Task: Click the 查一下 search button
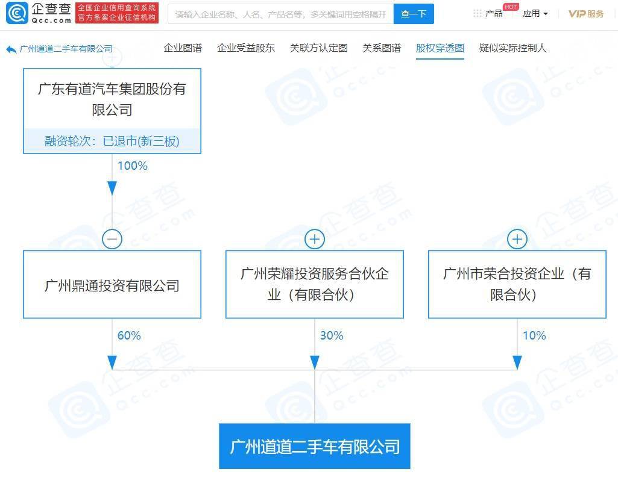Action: click(414, 14)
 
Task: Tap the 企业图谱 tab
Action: click(183, 48)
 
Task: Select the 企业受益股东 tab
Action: click(246, 48)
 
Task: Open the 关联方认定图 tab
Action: click(319, 48)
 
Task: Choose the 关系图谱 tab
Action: click(382, 48)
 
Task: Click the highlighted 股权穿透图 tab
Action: click(440, 48)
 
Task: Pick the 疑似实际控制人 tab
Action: click(512, 48)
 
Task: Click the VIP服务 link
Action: click(585, 14)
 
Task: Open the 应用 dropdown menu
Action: click(535, 14)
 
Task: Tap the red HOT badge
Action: click(511, 7)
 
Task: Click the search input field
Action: click(280, 14)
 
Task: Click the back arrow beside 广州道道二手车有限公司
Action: click(11, 49)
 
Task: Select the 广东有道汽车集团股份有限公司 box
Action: click(112, 111)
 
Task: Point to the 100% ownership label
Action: click(133, 166)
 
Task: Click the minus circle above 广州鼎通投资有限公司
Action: click(112, 239)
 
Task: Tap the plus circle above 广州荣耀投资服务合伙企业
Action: click(315, 239)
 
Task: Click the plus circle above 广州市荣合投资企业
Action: click(517, 239)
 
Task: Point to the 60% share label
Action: click(129, 335)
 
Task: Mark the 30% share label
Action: click(332, 335)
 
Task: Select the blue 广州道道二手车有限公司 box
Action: click(315, 446)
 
